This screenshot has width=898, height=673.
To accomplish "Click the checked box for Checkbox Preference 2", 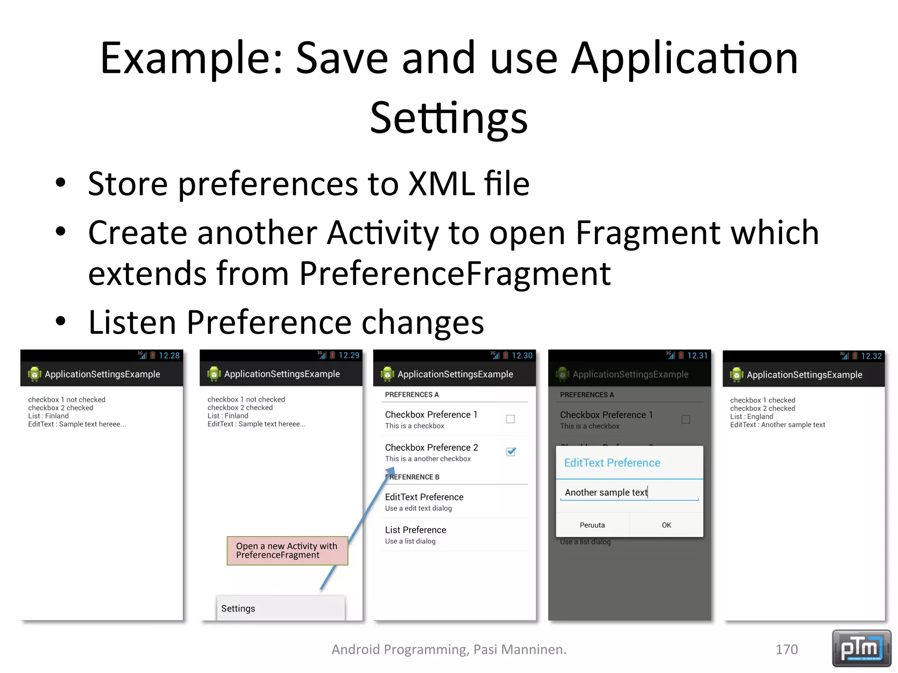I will [x=510, y=452].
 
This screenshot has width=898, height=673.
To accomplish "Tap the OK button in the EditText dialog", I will [x=666, y=525].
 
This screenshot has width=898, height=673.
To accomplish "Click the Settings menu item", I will [x=238, y=608].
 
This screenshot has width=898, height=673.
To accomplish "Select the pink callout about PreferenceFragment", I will [x=287, y=550].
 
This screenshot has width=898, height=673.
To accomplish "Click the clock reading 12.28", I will [x=169, y=355].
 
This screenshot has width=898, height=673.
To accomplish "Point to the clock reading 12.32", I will [x=871, y=356].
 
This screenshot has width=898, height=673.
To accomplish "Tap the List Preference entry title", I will [x=415, y=530].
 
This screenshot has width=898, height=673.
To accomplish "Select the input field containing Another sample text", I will [x=629, y=492].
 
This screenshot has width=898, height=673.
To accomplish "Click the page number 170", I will [x=787, y=649].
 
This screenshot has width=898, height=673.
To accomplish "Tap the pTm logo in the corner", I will [x=861, y=648].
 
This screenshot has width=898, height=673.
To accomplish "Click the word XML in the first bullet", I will [x=442, y=184].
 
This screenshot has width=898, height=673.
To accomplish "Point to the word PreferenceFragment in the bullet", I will [x=455, y=273].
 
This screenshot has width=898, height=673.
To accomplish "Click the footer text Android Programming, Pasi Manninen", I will [x=449, y=649].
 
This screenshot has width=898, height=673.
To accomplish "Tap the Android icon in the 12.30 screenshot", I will [x=388, y=374].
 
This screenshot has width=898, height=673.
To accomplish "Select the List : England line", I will [x=751, y=416].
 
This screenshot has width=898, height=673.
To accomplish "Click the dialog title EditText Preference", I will [x=612, y=463].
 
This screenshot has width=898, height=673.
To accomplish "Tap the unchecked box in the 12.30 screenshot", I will [x=510, y=419].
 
